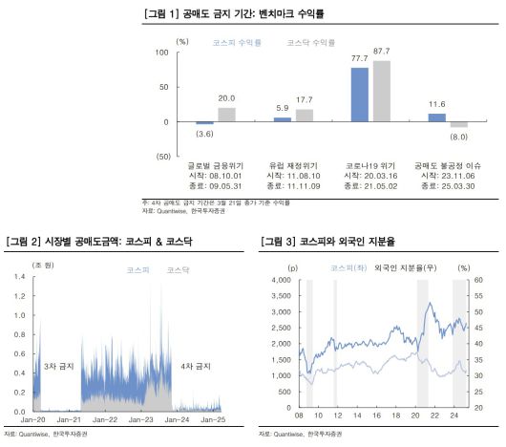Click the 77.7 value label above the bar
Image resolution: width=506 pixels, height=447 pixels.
pos(359,58)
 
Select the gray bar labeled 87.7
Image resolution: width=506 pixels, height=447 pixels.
pos(380,92)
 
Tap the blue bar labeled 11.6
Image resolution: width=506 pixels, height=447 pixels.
pos(436,117)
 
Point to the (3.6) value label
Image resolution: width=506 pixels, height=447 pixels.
pos(205,134)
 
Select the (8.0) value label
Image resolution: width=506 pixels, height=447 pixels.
pos(459,137)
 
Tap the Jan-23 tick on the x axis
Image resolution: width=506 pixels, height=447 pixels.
pos(140,420)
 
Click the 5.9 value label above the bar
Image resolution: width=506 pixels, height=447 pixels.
pos(283,107)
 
